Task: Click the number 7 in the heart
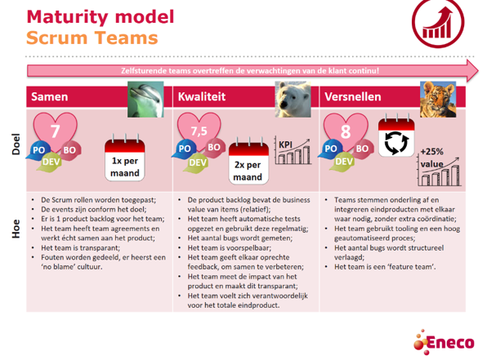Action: (x=56, y=131)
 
